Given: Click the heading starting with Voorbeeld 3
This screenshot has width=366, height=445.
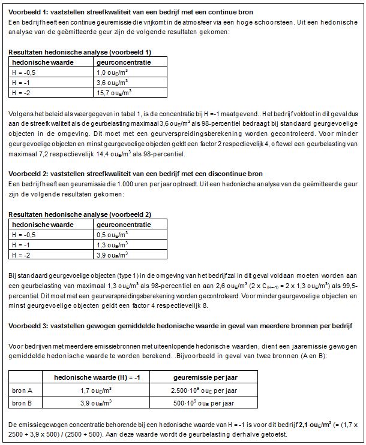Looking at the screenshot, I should tap(180, 326).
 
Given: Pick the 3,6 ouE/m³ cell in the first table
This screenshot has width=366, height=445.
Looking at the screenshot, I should tap(113, 83).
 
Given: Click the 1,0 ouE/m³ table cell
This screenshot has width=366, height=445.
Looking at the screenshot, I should tap(113, 72).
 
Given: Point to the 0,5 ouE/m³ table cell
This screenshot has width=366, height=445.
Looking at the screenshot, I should tap(113, 234).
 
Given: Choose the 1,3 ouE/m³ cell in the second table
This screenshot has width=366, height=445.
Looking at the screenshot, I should tap(113, 244).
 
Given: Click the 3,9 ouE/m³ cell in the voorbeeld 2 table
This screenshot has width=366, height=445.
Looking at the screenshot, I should tap(113, 255).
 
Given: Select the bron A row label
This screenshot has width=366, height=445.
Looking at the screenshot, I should tap(23, 390).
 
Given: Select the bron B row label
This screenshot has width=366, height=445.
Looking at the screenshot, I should tap(23, 402).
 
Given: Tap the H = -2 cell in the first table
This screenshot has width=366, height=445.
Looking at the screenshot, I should tap(23, 93).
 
